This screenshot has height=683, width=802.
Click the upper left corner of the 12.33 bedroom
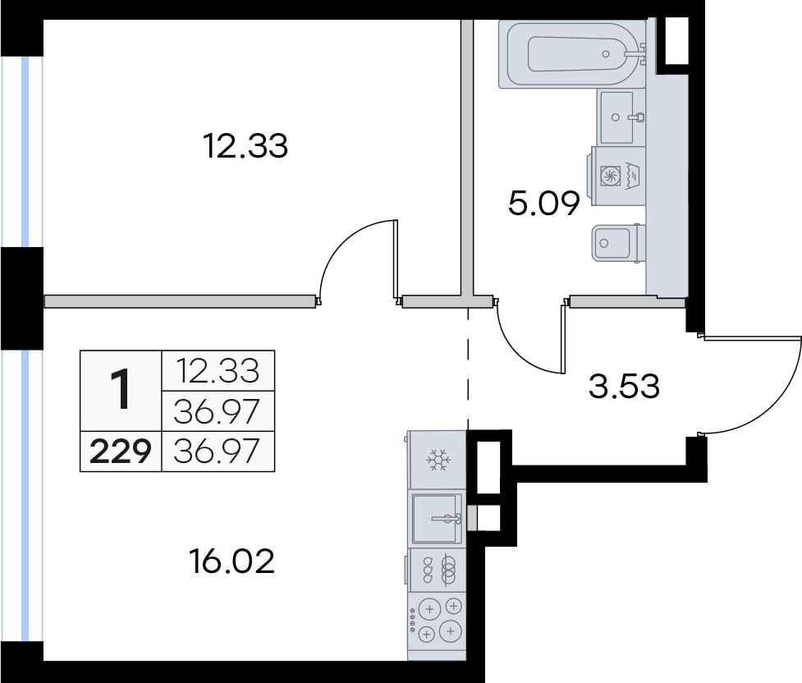[44, 20]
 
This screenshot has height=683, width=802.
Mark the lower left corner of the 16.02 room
[44, 661]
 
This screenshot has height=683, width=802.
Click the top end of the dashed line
[468, 308]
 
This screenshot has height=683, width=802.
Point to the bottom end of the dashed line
[468, 430]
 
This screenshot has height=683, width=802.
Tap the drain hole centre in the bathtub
[606, 53]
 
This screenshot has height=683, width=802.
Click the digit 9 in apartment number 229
[140, 452]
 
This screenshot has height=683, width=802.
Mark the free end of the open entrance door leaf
[800, 337]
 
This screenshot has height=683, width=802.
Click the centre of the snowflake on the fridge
[438, 461]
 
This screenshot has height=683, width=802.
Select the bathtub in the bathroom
[572, 53]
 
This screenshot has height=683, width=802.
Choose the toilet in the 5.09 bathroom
[618, 244]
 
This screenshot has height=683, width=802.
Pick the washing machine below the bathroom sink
[618, 176]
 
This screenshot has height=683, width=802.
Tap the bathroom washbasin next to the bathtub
[621, 117]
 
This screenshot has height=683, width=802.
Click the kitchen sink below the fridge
[438, 519]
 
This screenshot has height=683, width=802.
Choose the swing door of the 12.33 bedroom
[358, 262]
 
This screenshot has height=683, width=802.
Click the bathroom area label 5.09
[543, 203]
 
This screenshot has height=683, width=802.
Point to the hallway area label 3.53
[624, 387]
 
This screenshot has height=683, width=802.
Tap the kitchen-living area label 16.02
[231, 561]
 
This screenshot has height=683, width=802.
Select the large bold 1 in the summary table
[121, 391]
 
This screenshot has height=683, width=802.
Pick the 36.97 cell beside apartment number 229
[217, 452]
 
